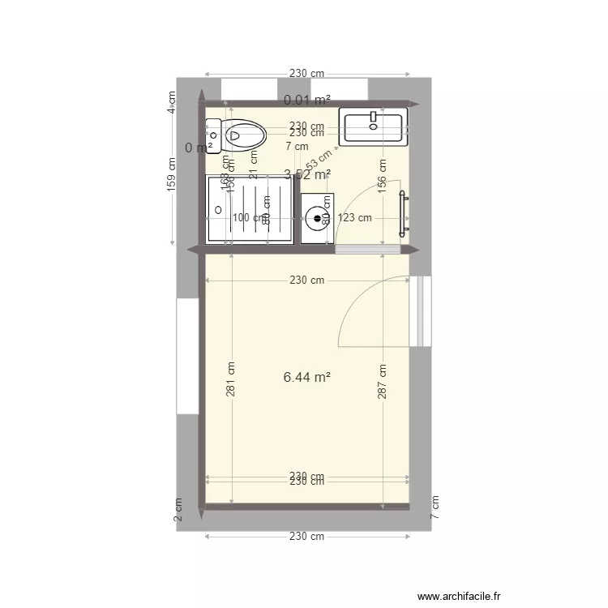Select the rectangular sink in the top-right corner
[373, 126]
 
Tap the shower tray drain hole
[217, 210]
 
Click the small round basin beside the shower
[316, 218]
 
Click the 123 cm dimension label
[355, 217]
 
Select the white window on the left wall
[187, 356]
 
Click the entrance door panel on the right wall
[421, 311]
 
